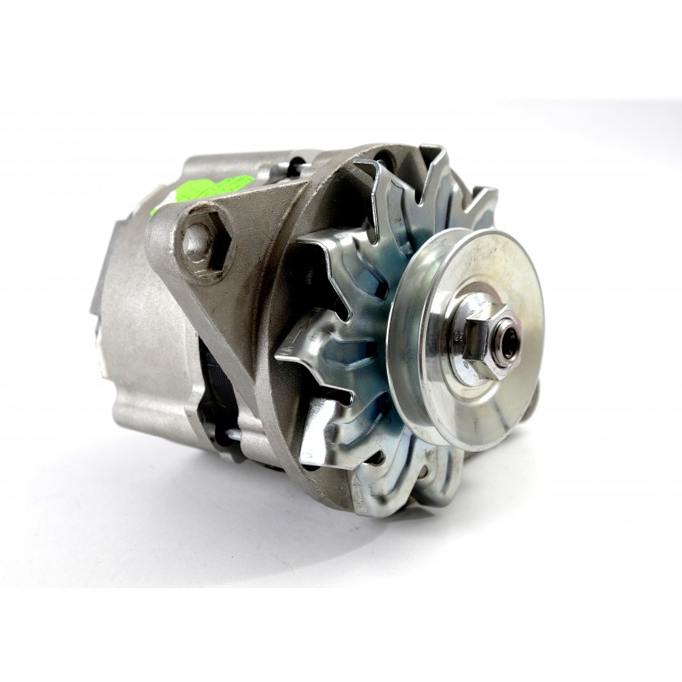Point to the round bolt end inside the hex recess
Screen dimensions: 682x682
tap(198, 241)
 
